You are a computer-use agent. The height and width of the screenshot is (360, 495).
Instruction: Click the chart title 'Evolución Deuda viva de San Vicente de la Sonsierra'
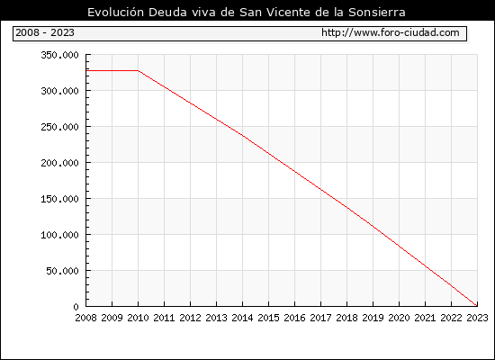click(x=247, y=13)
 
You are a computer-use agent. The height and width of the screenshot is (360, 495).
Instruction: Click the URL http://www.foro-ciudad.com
click(x=391, y=32)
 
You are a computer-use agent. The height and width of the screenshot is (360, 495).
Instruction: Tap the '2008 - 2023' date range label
click(x=45, y=32)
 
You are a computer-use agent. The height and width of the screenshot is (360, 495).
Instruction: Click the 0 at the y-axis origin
click(x=76, y=307)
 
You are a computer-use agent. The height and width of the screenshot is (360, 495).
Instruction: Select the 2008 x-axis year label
click(x=85, y=318)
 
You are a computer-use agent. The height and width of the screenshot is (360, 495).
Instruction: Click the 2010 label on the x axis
click(x=138, y=318)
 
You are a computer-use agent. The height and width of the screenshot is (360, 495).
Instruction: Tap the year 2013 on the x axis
click(x=216, y=318)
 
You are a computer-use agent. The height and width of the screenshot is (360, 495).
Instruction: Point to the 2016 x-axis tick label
click(x=294, y=318)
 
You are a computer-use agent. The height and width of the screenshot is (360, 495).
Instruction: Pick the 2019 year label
click(x=373, y=318)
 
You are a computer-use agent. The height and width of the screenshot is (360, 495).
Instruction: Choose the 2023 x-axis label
click(x=477, y=318)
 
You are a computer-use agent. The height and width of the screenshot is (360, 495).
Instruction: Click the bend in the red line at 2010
click(x=139, y=71)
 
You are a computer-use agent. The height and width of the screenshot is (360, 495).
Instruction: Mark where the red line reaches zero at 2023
click(x=476, y=305)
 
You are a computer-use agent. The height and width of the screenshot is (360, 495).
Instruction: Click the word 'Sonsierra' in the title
click(x=377, y=13)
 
